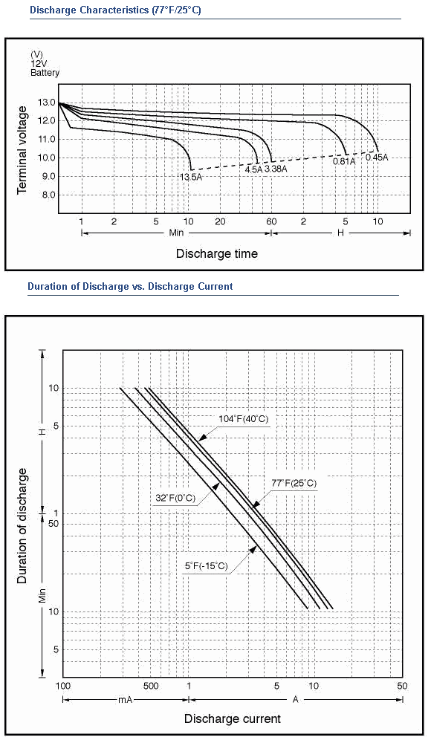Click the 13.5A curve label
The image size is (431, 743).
point(191,177)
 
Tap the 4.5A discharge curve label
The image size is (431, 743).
point(253,169)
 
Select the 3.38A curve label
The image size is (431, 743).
point(276,169)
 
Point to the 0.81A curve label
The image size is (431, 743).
point(344,161)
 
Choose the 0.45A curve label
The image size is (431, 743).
point(377,157)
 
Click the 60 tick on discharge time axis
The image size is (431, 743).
point(271,221)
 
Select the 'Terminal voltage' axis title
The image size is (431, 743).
point(22,150)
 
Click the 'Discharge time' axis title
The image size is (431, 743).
point(217,253)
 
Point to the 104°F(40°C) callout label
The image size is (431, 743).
point(244,419)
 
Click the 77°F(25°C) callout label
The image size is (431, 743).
point(294,484)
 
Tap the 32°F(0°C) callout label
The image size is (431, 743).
point(175,498)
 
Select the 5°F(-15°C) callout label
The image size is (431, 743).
point(207,565)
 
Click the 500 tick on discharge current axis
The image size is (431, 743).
point(150,686)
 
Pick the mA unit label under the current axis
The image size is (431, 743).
point(125,699)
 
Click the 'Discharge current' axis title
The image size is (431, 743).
point(233,718)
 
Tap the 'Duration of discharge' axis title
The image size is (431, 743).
point(22,526)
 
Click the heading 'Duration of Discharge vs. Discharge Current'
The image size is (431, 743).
point(130,286)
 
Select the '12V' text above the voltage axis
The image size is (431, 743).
point(39,64)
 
